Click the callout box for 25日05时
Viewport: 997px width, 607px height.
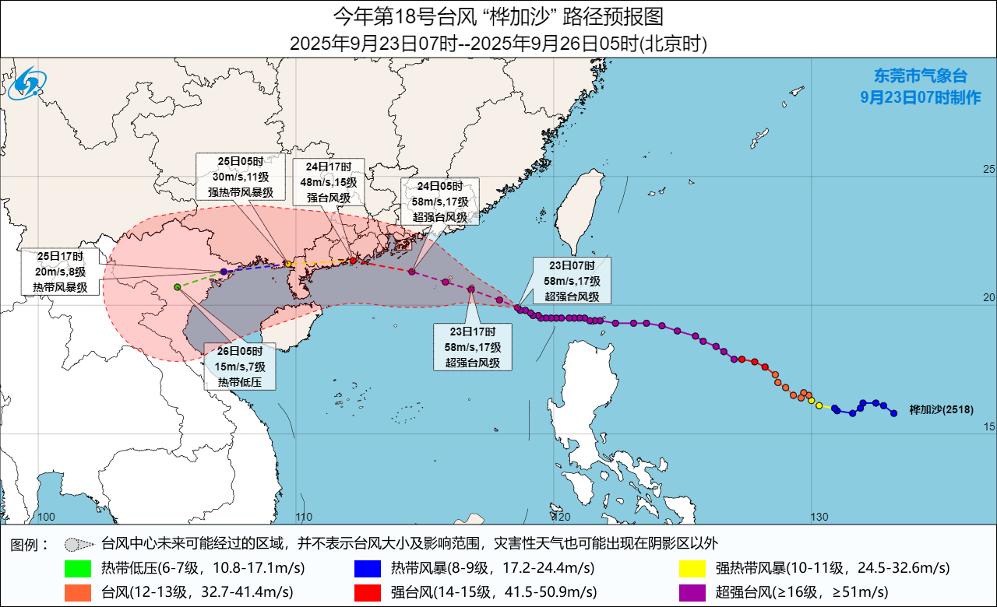click(234, 177)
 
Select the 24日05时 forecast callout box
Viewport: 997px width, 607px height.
click(439, 202)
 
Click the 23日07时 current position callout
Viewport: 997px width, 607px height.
click(572, 280)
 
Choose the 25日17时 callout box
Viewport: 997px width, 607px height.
click(60, 272)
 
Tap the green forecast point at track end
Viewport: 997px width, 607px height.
click(178, 287)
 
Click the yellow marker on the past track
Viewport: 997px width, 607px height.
click(819, 405)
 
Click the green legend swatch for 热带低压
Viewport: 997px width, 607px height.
click(81, 567)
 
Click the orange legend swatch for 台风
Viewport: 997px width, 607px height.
click(81, 592)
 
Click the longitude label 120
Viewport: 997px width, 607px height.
click(562, 517)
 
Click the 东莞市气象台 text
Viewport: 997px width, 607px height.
click(920, 76)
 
